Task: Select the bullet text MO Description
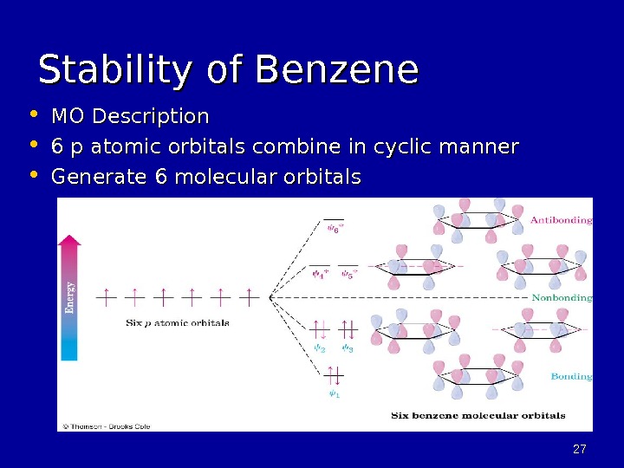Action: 130,116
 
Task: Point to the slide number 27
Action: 580,449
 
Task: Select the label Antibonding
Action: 561,220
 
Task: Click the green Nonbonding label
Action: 562,297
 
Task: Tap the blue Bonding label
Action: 571,376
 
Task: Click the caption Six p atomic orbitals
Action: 178,322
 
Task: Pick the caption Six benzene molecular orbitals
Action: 478,415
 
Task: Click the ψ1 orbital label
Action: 334,395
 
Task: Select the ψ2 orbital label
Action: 319,349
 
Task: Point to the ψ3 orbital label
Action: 347,349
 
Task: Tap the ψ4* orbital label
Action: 319,276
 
